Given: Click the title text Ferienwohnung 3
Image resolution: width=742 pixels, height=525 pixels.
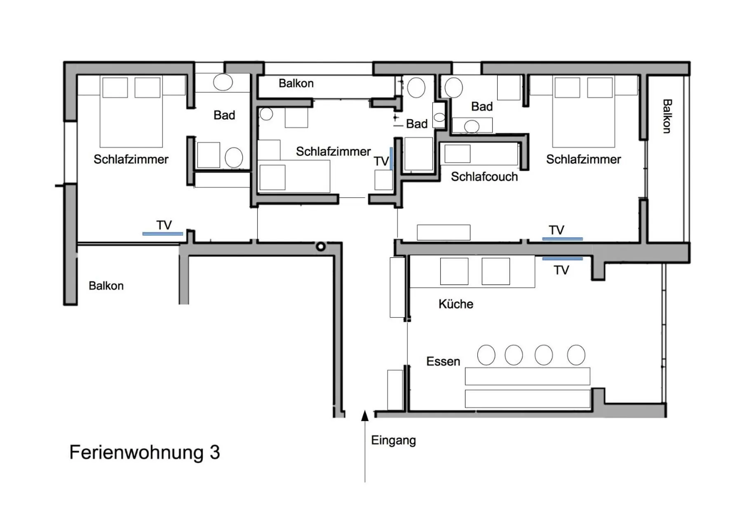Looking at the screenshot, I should point(144,452).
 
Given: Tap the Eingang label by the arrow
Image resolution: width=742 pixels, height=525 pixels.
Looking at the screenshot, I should point(393,440).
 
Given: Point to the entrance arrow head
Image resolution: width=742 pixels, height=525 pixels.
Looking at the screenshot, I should point(365,415).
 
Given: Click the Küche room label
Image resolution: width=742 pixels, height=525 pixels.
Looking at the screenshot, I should point(456,304).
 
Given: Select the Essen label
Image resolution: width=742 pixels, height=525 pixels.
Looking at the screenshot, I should point(443,361).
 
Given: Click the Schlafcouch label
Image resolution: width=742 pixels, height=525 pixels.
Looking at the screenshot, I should point(484,177).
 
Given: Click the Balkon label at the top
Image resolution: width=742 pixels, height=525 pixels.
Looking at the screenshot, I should point(296,83).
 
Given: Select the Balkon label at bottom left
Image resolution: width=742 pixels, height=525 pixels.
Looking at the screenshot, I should point(106,286).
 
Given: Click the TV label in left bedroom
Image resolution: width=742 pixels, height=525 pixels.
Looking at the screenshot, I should point(164,225).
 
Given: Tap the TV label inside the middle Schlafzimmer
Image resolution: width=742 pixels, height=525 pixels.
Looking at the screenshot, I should point(381,161).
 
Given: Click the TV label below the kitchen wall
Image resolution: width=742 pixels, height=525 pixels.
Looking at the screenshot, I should point(561,270).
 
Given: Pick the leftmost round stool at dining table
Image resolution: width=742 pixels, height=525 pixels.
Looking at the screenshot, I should point(486,355).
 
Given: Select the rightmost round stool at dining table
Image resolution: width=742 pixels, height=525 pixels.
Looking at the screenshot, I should point(576,355).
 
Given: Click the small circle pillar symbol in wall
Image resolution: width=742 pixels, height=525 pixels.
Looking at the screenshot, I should point(321,247).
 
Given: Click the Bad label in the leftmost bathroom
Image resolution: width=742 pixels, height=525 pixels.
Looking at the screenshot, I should point(224,115).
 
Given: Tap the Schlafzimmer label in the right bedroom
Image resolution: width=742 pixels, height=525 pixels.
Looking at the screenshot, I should point(583,159).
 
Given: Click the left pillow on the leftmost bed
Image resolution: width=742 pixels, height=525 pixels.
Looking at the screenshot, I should point(115,87).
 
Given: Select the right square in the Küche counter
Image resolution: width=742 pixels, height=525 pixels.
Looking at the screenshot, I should point(495,271).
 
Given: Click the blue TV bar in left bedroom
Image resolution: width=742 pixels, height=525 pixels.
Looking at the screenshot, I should point(162,234).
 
